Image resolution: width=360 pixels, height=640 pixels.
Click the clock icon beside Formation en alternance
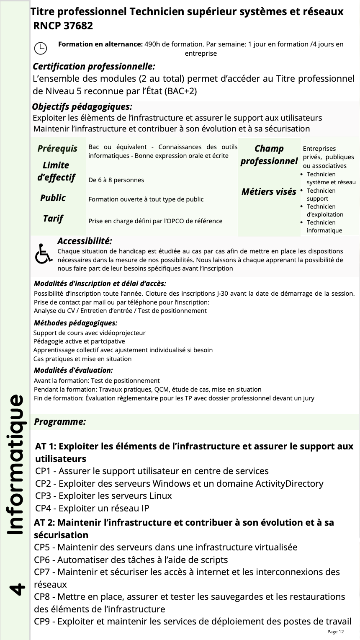point(40,49)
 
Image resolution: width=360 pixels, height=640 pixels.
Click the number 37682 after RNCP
point(78,26)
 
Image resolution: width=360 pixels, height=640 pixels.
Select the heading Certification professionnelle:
point(94,66)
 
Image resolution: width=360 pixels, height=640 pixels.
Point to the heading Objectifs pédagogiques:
point(82,107)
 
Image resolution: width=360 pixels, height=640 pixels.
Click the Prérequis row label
point(57,148)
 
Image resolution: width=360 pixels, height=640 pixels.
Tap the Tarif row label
point(53,218)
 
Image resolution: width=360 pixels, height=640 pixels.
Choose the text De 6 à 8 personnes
point(116,180)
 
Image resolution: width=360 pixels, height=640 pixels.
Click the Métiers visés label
point(269,192)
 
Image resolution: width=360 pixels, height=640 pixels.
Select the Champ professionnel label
point(269,155)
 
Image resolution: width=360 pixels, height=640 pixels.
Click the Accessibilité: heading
point(85,241)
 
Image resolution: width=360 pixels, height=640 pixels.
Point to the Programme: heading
point(60,421)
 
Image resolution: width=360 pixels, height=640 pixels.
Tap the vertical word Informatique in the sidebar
point(16,465)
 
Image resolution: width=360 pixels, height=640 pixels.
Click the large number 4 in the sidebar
point(16,588)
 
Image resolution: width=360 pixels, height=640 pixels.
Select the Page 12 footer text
point(335,632)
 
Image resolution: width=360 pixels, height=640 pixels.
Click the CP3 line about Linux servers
point(103,495)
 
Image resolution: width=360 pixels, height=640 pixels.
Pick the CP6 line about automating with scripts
point(131,560)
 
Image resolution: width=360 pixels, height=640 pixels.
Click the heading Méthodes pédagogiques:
point(75,323)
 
